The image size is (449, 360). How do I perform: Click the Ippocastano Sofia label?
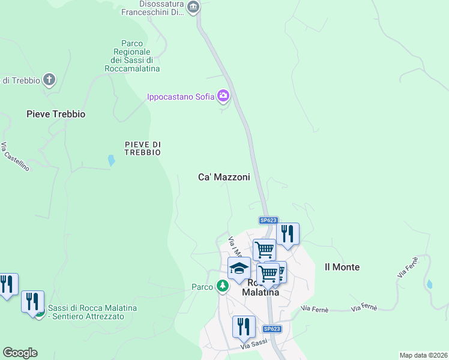click(181, 96)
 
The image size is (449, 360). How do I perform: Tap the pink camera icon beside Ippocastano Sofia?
click(223, 95)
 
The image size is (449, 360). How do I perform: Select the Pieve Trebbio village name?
click(56, 114)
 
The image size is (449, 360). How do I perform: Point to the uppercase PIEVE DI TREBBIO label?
click(143, 148)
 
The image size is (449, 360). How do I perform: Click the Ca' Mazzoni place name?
click(224, 178)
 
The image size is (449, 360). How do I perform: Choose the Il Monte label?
click(342, 267)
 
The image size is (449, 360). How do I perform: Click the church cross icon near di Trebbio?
click(49, 79)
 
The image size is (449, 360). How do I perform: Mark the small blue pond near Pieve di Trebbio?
click(111, 160)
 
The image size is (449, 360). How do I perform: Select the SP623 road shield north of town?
click(268, 221)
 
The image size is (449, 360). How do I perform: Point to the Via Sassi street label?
click(254, 345)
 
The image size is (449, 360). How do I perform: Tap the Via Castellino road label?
click(15, 157)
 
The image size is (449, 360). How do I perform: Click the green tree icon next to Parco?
click(223, 287)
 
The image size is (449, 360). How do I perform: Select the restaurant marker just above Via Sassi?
click(244, 326)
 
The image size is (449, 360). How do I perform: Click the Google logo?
click(20, 353)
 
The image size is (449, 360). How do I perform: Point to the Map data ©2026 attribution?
click(423, 355)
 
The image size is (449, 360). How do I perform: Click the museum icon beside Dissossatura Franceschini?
click(193, 7)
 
